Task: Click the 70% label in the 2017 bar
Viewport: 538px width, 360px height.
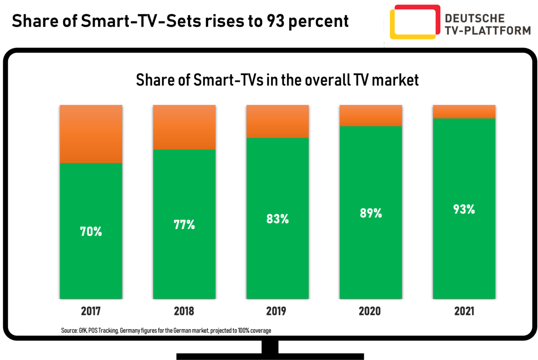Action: click(91, 232)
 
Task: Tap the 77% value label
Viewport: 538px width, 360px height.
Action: click(184, 225)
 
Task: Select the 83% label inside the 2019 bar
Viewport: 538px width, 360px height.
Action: click(278, 219)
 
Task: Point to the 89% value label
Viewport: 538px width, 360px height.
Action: click(371, 213)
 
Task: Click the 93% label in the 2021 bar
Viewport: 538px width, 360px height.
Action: click(464, 209)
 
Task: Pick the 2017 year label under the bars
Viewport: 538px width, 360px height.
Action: click(91, 311)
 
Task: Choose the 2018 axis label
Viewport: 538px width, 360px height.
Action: click(184, 311)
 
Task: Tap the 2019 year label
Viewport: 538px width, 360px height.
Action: click(278, 311)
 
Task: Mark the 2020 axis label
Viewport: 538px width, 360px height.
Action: click(371, 311)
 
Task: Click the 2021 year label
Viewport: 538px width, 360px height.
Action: click(464, 311)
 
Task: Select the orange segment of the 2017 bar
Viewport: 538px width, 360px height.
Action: click(91, 134)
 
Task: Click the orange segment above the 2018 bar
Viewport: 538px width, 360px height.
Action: click(184, 127)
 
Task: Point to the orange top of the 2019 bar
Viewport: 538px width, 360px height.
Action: click(278, 121)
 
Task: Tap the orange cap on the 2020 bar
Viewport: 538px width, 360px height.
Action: click(371, 115)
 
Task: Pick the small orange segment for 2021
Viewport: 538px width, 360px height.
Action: click(464, 111)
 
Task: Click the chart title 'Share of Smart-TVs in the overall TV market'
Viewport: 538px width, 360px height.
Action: click(277, 80)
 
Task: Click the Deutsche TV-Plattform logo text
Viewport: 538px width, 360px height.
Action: click(474, 24)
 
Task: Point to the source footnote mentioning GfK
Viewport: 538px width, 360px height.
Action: click(166, 330)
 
